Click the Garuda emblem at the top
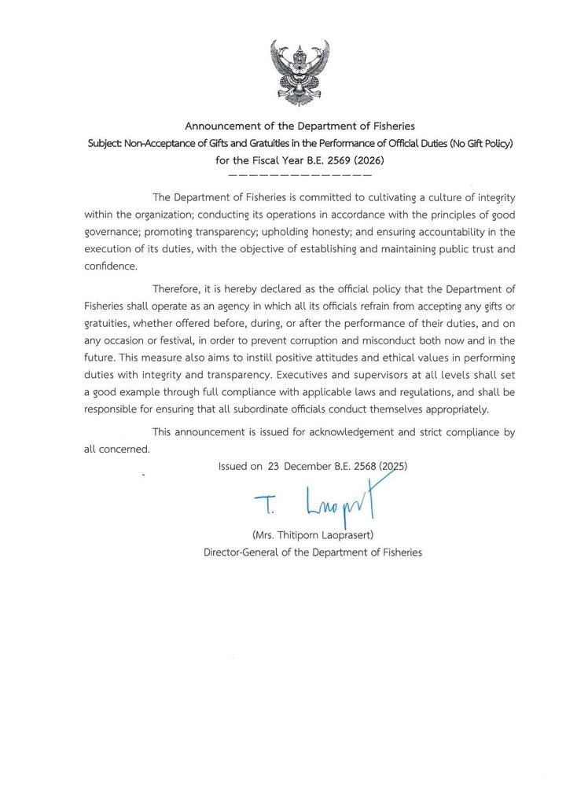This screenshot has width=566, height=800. point(300,73)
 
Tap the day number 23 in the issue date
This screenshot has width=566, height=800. point(274,466)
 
